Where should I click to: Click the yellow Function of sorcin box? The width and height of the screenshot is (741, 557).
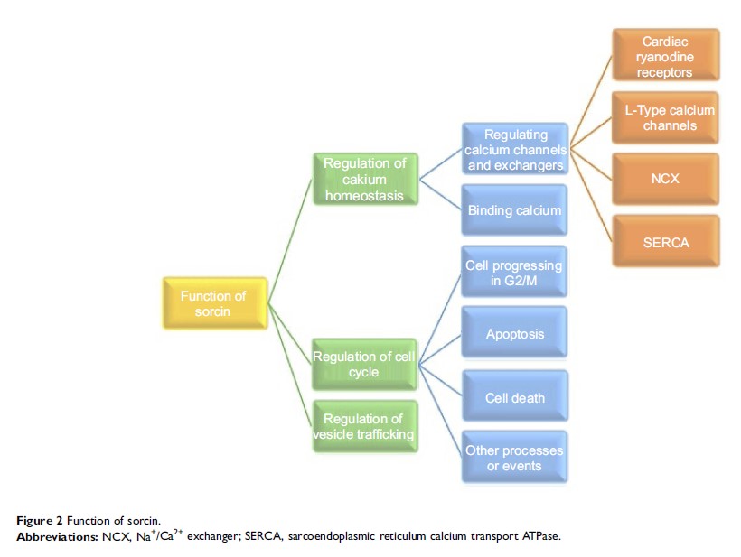tap(213, 303)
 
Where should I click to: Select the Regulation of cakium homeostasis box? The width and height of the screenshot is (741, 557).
tap(364, 179)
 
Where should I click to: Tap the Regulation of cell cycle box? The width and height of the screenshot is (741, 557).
tap(364, 364)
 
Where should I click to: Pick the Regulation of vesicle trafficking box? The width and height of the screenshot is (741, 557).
tap(364, 426)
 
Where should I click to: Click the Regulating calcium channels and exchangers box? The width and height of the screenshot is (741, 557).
tap(514, 150)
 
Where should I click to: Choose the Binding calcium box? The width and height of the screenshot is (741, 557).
tap(514, 210)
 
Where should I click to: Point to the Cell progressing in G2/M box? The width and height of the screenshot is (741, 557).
tap(514, 272)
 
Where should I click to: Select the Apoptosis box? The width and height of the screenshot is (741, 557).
tap(514, 333)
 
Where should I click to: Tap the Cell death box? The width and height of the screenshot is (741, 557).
tap(514, 397)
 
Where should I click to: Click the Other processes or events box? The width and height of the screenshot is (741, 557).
tap(514, 457)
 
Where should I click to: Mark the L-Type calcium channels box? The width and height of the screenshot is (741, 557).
tap(666, 116)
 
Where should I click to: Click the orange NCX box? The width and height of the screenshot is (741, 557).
tap(666, 179)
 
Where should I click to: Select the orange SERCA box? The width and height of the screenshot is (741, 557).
tap(666, 241)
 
